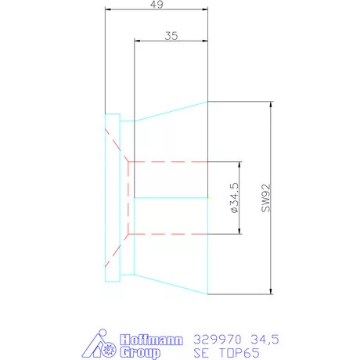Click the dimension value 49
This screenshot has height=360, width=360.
pyautogui.click(x=157, y=4)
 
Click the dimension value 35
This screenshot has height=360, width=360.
pyautogui.click(x=171, y=36)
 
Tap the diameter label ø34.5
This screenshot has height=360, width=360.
pyautogui.click(x=235, y=198)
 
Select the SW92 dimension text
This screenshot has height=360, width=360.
pyautogui.click(x=266, y=198)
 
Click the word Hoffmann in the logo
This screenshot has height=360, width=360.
pyautogui.click(x=151, y=340)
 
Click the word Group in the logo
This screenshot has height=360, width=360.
pyautogui.click(x=140, y=352)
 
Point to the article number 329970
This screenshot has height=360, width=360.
pyautogui.click(x=218, y=340)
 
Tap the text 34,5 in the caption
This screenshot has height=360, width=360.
pyautogui.click(x=265, y=340)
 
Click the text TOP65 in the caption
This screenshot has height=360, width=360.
pyautogui.click(x=239, y=353)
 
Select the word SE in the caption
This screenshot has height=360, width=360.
pyautogui.click(x=201, y=353)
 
